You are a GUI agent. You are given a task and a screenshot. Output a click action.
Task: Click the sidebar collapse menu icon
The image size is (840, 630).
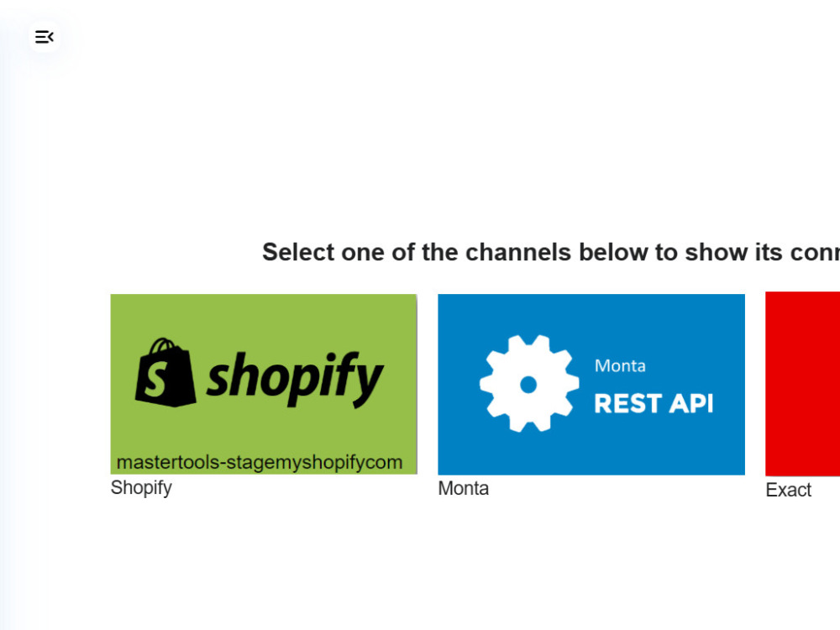(x=45, y=37)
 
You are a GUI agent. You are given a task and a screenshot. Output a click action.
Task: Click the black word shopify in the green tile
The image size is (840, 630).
(x=295, y=378)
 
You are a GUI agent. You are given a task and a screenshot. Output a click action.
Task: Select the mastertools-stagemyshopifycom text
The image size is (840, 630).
(x=260, y=462)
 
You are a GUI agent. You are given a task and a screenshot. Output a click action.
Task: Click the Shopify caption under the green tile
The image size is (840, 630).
(x=141, y=488)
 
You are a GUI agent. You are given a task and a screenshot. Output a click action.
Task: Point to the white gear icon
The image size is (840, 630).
(x=528, y=384)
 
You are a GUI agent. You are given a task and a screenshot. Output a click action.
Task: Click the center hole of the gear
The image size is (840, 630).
(x=528, y=384)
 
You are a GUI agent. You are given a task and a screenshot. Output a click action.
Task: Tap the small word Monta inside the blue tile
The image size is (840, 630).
(x=620, y=366)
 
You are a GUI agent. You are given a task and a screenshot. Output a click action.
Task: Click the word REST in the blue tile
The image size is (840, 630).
(x=628, y=403)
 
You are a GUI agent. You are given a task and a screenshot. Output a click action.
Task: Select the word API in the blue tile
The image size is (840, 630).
(x=691, y=403)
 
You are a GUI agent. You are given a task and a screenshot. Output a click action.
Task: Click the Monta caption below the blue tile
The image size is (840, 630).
(x=464, y=489)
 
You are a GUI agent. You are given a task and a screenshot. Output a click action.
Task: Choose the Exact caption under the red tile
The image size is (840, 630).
(x=788, y=490)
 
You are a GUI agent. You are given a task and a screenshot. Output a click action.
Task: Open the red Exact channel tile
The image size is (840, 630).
(x=802, y=384)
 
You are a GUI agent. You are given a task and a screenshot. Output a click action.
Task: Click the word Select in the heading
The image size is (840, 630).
(x=298, y=252)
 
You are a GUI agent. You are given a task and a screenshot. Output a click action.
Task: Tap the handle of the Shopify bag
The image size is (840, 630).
(x=162, y=346)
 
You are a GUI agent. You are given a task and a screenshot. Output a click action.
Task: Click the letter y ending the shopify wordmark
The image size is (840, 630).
(x=368, y=384)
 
